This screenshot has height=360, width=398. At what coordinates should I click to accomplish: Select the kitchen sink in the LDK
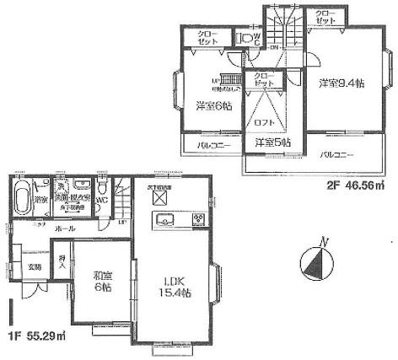coord(165,220)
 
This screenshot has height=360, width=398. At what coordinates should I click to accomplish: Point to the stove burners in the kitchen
coord(198,220)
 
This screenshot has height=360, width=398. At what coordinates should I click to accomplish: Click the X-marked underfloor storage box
coord(160,199)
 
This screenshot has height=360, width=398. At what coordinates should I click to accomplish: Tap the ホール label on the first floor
coord(63,228)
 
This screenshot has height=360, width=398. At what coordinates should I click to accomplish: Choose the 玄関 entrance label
coord(34,267)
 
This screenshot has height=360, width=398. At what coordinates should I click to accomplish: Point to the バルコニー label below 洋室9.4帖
coord(336,155)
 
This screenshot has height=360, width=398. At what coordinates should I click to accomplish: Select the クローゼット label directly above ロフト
coord(262,79)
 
